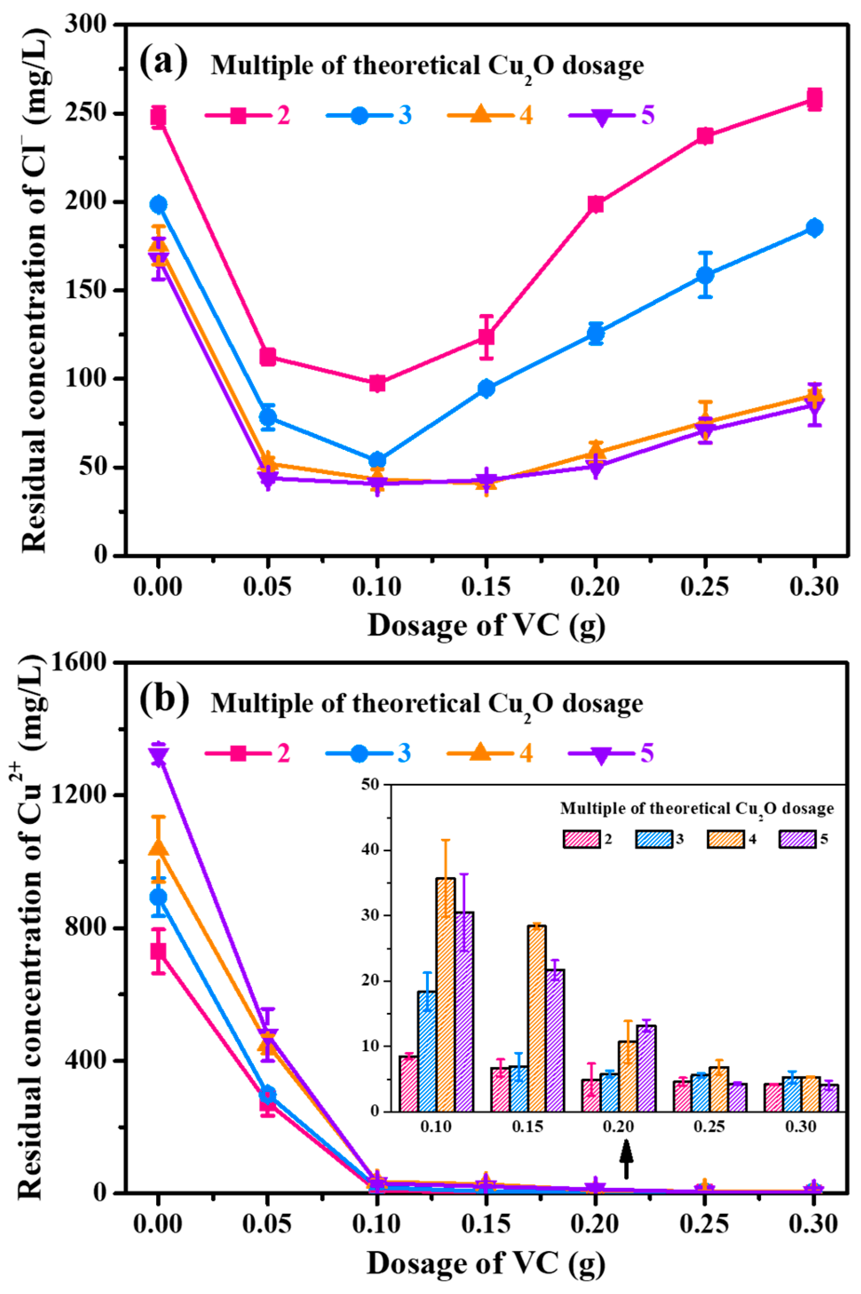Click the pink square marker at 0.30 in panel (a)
pos(814,100)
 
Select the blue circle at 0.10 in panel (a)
pos(376,460)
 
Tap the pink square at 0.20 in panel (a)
pos(596,205)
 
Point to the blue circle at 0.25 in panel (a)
pos(705,274)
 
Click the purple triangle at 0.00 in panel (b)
pos(159,757)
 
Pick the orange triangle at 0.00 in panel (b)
pos(159,848)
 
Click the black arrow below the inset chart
pos(627,1163)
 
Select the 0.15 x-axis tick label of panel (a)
pos(486,588)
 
